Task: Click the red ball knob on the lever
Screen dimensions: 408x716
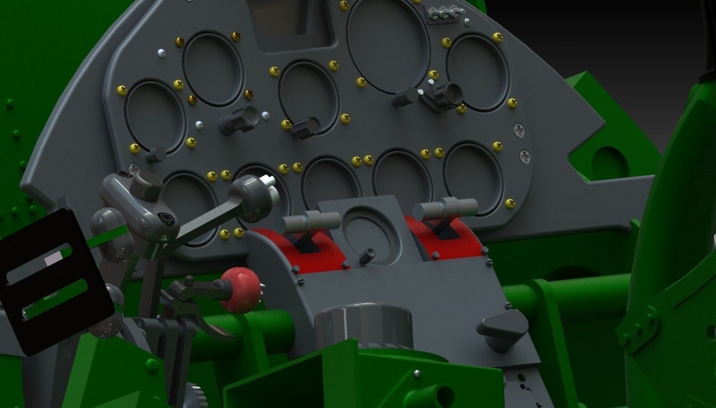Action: [x=240, y=289]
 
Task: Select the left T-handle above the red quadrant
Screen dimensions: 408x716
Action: [x=310, y=222]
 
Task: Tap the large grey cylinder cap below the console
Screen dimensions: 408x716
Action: [x=363, y=324]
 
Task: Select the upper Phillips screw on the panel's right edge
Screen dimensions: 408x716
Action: [x=519, y=129]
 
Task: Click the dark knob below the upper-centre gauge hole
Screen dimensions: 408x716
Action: [x=305, y=127]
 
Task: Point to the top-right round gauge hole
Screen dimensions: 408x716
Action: [x=477, y=72]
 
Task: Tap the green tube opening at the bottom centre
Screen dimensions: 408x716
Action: [x=441, y=395]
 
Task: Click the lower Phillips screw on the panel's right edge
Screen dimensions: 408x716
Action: [x=525, y=156]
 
